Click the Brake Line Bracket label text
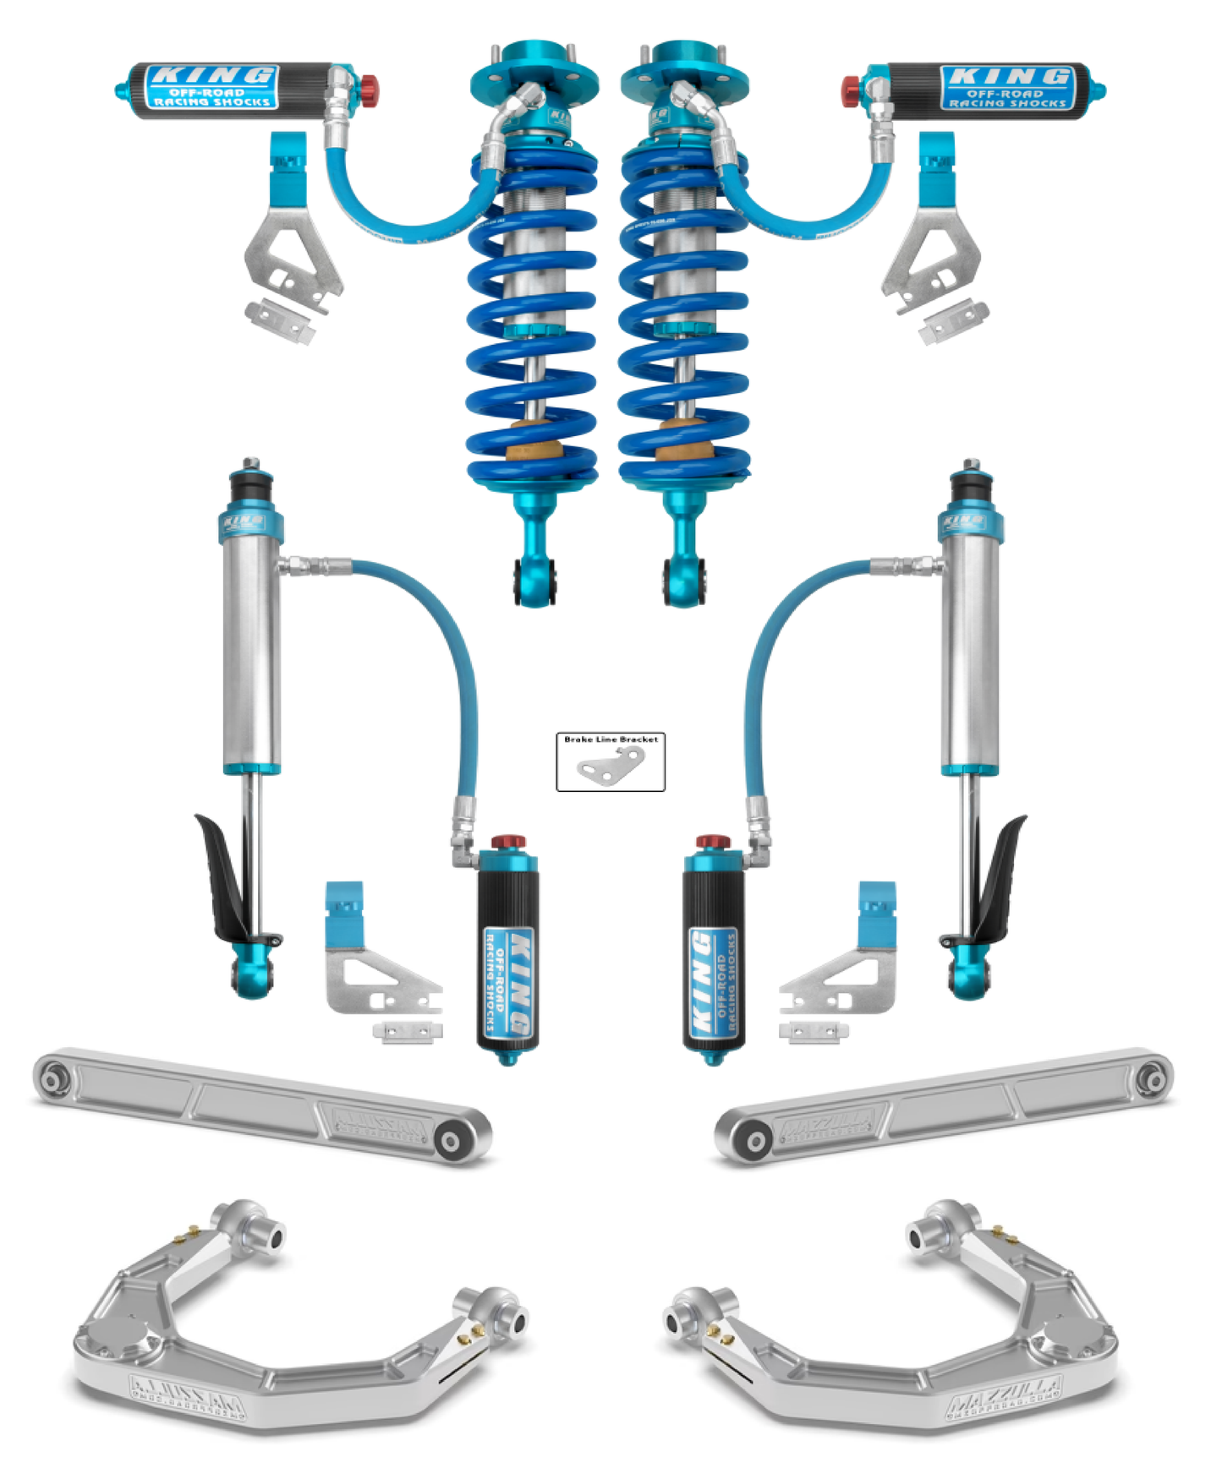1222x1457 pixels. [611, 739]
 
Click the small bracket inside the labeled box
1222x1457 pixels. [611, 766]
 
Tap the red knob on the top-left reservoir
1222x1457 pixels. [369, 87]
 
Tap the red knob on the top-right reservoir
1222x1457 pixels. [851, 87]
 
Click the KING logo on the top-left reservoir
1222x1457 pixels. [212, 75]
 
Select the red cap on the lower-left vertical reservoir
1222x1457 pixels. [508, 842]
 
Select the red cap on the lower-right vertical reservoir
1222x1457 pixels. [713, 842]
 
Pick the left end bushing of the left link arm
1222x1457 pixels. [52, 1079]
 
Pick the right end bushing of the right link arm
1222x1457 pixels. [1152, 1079]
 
